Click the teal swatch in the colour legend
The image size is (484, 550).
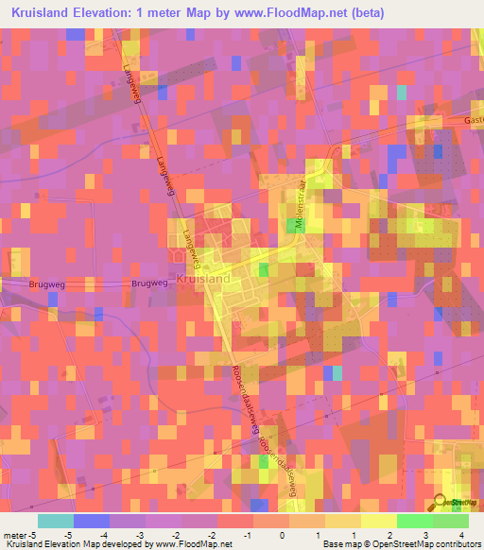pyautogui.click(x=55, y=521)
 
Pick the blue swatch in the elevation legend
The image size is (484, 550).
pyautogui.click(x=91, y=521)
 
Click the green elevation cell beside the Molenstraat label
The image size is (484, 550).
pyautogui.click(x=291, y=225)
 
